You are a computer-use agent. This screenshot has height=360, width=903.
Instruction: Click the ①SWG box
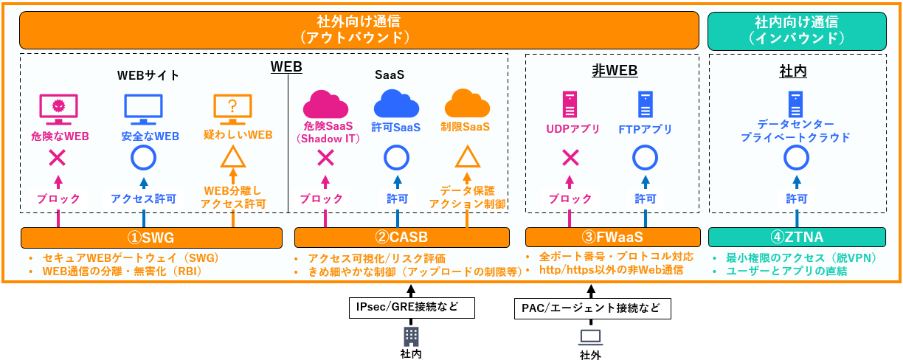[151, 238]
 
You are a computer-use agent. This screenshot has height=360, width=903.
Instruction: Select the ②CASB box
[401, 238]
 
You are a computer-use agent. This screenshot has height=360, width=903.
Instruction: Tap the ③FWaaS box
[612, 238]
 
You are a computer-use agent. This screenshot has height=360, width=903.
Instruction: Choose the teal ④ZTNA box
[797, 238]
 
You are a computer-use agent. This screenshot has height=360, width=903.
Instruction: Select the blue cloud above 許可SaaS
[396, 104]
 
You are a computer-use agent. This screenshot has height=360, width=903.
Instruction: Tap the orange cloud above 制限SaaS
[467, 104]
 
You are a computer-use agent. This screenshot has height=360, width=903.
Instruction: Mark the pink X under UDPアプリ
[570, 157]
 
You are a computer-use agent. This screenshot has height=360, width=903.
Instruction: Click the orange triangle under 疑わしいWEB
[232, 157]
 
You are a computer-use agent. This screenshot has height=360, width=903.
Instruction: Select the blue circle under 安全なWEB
[143, 157]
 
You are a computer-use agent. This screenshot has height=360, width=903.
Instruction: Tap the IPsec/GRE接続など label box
[410, 308]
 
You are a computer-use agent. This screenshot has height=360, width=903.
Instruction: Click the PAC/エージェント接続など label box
[592, 308]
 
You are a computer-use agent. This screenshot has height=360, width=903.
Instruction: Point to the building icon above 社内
[411, 336]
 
